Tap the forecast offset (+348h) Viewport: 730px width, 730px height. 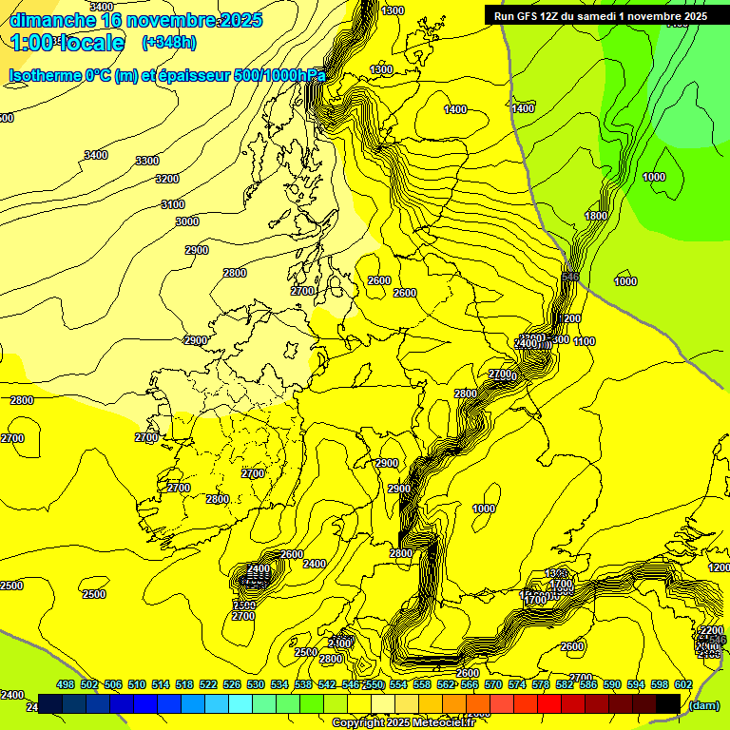coord(169,42)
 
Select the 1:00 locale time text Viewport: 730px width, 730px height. coord(67,42)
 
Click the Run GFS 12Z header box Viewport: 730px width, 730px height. coord(600,15)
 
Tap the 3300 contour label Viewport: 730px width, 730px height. coord(147,161)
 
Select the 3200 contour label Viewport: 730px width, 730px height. coord(167,179)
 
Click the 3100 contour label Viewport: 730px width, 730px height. coord(173,204)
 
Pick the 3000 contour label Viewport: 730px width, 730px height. coord(187,221)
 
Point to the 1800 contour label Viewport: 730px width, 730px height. coord(596,217)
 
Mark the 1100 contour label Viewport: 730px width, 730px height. coord(585,341)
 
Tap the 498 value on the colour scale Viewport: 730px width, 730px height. coord(66,684)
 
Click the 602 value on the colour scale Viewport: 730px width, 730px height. coord(683,684)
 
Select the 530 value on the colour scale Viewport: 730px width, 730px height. coord(256,684)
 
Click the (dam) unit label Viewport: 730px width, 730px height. coord(704,704)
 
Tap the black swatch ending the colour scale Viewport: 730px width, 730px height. coord(668,703)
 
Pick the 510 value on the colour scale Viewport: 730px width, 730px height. coord(137,684)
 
